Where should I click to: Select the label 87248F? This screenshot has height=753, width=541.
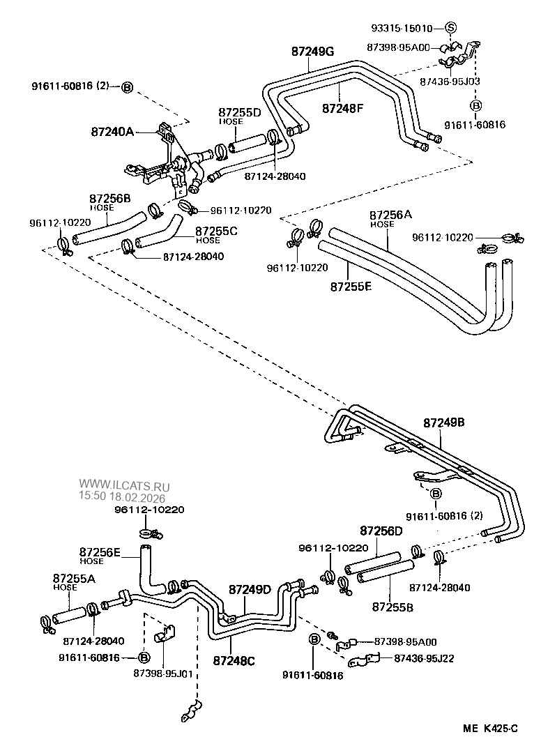point(343,108)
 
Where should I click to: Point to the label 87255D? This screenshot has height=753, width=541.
point(239,112)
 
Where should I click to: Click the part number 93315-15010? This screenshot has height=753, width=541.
point(402,29)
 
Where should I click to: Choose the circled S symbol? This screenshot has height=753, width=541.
point(450,29)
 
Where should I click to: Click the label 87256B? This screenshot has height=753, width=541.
point(110,199)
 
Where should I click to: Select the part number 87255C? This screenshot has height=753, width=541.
point(217,231)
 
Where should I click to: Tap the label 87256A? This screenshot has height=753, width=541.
point(391,215)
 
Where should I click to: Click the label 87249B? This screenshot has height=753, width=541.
point(444,423)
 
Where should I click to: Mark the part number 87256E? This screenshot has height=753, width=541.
point(100,552)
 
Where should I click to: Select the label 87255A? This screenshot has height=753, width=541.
point(75,578)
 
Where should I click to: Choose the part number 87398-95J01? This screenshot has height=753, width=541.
point(163,674)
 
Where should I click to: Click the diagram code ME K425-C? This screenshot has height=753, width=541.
point(491,729)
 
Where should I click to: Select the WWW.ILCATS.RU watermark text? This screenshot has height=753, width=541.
point(123,483)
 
